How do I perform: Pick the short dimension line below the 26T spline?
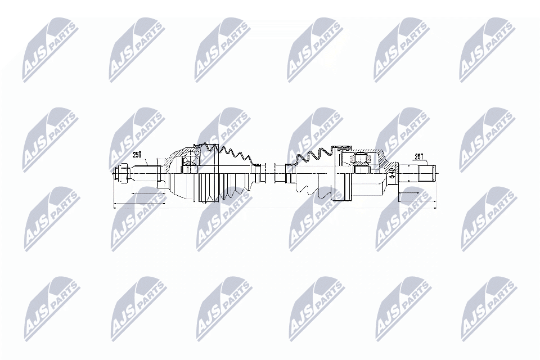[x=417, y=193]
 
